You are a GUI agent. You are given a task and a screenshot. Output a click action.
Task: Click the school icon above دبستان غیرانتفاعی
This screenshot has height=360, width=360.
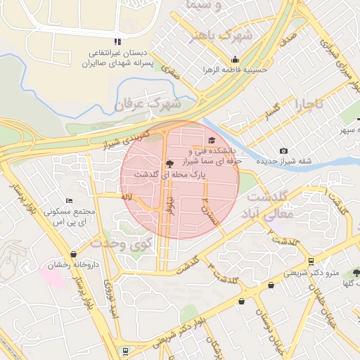coord(117,41)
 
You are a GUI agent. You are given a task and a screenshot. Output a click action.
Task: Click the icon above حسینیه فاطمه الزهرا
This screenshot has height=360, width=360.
coord(235,60)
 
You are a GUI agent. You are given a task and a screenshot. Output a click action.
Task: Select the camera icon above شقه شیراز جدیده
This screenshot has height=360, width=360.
coord(283,151)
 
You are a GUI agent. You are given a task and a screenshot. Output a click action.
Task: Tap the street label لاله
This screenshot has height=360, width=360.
coord(127,198)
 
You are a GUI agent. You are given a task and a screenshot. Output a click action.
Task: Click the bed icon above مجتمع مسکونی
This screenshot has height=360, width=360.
coord(68,201)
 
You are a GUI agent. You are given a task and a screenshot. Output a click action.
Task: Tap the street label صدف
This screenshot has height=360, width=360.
coord(287,43)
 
